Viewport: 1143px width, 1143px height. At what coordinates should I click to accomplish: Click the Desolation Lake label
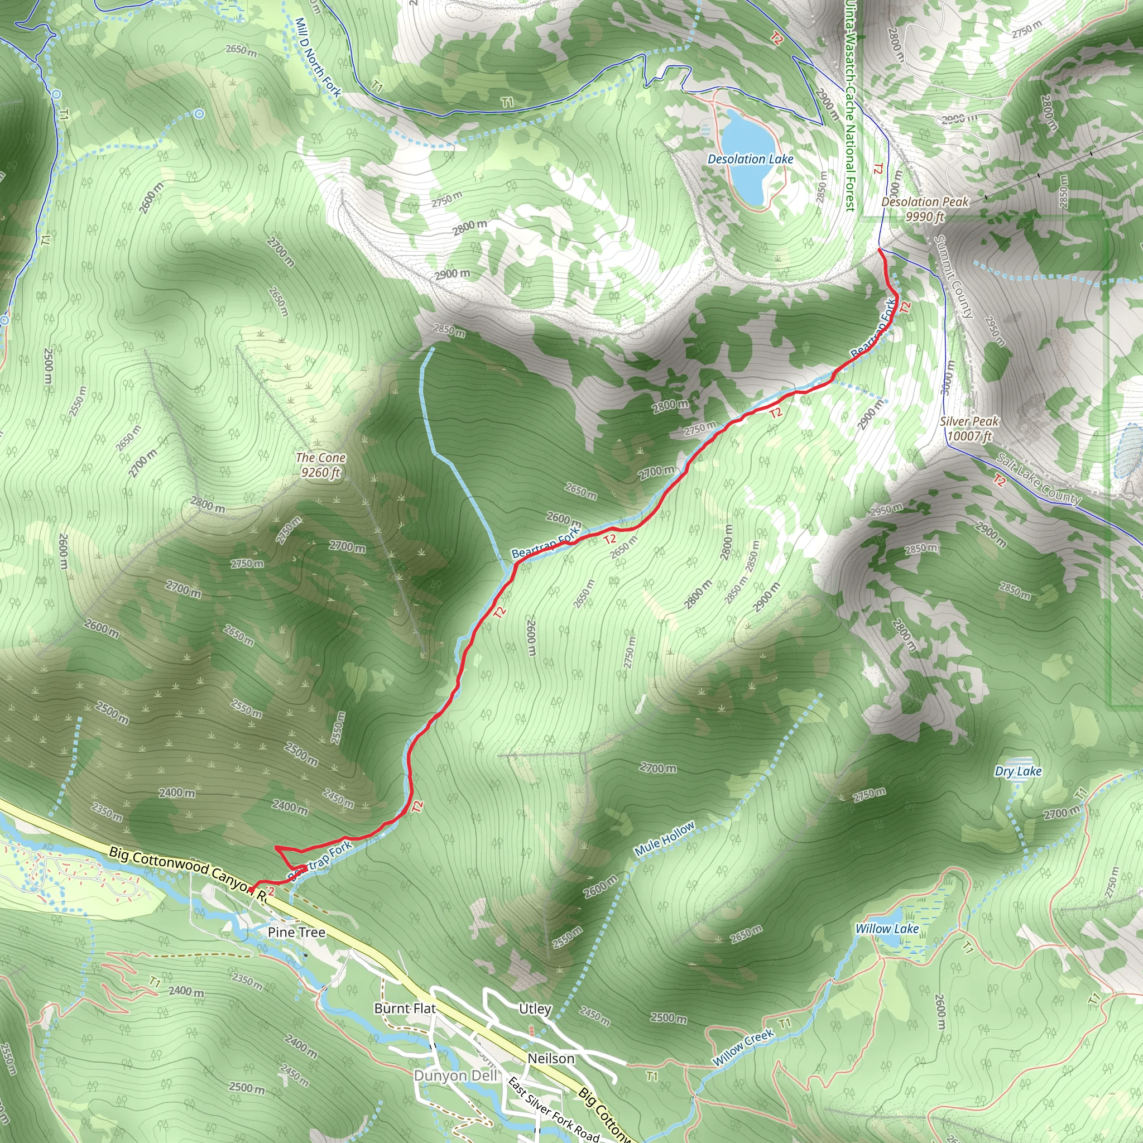coord(750,159)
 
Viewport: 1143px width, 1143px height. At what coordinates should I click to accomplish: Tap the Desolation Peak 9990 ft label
coord(925,209)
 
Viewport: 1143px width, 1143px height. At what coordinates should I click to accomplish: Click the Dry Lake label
coord(1018,771)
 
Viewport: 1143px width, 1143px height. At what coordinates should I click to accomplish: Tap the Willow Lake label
coord(887,929)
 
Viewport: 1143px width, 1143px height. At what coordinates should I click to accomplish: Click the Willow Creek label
coord(743,1048)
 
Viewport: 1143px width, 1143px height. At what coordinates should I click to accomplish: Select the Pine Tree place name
coord(296,933)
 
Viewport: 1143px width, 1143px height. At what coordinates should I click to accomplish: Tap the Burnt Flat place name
coord(405,1008)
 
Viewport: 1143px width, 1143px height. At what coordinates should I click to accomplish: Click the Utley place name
coord(535,1008)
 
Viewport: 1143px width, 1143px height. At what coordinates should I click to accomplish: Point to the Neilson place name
coord(551,1058)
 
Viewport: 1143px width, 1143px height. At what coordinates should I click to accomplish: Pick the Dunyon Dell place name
coord(455,1075)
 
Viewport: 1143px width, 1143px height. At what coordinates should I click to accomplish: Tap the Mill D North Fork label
coord(318,57)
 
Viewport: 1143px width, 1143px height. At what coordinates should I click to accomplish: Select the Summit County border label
coord(953,276)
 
